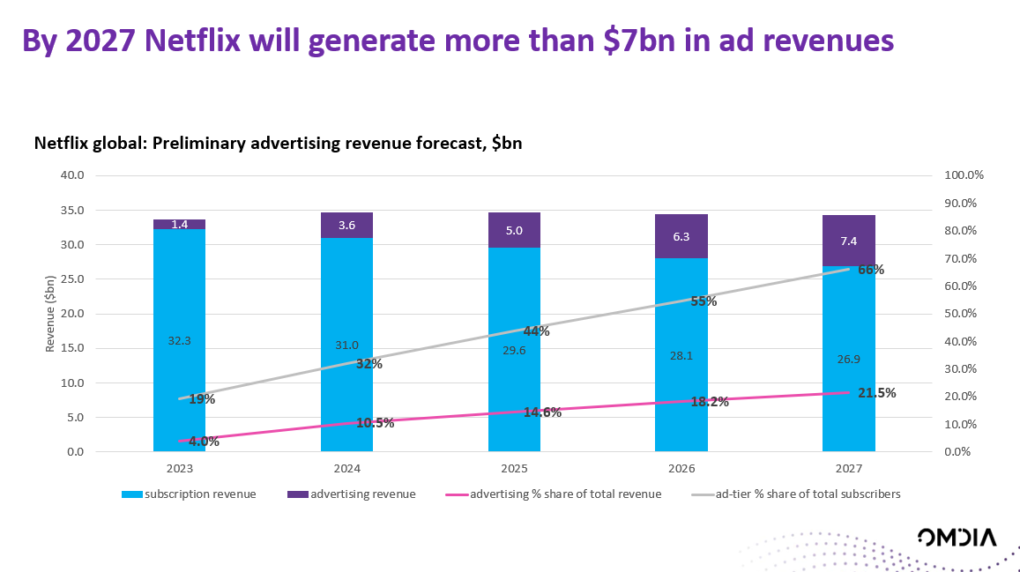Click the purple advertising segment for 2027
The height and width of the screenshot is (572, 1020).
[x=848, y=240]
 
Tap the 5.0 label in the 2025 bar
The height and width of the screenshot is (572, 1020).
[x=514, y=231]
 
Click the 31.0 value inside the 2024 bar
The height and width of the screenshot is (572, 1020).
[x=346, y=345]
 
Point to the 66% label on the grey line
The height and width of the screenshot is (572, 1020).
[x=870, y=270]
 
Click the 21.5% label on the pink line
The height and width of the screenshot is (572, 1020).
[x=876, y=393]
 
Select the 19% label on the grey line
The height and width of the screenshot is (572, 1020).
[x=202, y=399]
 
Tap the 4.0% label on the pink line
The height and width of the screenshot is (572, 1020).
[x=204, y=442]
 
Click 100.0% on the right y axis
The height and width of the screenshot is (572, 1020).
[x=964, y=175]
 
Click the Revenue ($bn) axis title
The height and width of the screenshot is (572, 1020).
[x=50, y=314]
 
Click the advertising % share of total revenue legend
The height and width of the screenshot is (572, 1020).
[x=565, y=494]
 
